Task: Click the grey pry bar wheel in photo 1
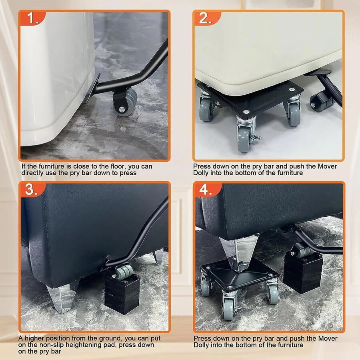click(x=125, y=101)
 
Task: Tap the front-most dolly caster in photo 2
click(x=244, y=138)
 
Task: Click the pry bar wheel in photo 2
click(x=321, y=101)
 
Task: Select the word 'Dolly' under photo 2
click(x=201, y=173)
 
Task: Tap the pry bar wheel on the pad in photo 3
click(x=124, y=272)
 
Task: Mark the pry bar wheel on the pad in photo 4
click(x=302, y=251)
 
